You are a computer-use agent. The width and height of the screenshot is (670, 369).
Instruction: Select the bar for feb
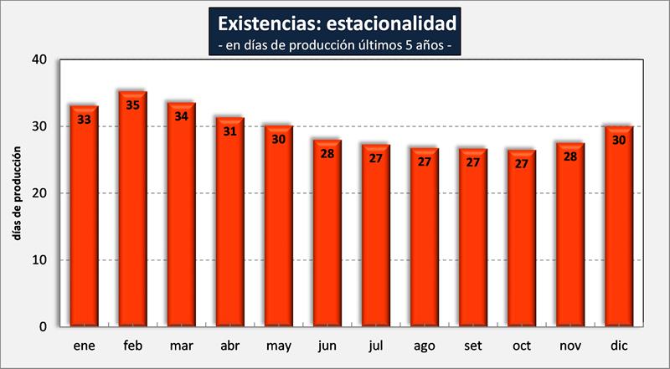tap(132, 209)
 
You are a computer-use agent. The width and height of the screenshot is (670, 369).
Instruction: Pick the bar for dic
tap(619, 226)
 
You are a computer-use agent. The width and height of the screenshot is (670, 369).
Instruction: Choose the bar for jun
tap(327, 233)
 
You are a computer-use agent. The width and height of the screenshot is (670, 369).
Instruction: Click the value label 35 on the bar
tap(132, 105)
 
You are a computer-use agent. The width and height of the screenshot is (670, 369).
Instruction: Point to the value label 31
tap(230, 131)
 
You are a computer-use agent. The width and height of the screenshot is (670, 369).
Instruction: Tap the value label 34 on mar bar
tap(181, 116)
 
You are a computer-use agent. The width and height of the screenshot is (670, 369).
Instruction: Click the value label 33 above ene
tap(84, 120)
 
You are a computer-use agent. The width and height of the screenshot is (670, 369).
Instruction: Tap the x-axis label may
tap(279, 346)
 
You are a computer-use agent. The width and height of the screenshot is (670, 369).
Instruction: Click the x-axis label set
tap(473, 346)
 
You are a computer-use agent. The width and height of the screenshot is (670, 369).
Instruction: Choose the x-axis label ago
tap(425, 346)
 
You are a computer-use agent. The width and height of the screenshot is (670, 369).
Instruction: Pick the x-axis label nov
tap(570, 346)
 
